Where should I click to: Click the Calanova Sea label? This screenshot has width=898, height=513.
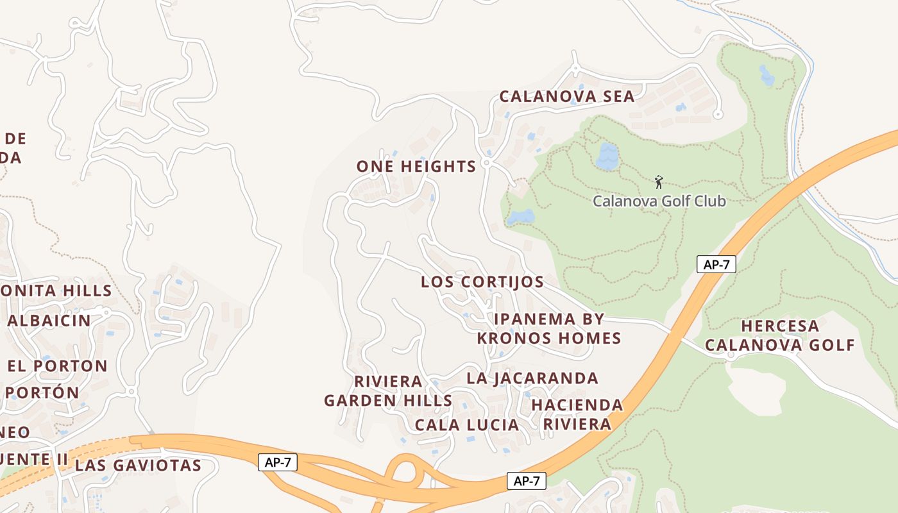coord(566,97)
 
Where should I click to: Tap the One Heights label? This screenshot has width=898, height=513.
coord(416,167)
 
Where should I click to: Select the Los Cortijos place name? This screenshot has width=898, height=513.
coord(482,282)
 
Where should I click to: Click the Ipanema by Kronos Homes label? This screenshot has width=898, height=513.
coord(549,328)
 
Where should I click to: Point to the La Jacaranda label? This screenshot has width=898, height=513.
coord(532,378)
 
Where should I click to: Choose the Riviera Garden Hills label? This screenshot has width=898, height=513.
coord(388,391)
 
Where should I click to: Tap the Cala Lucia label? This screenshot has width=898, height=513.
coord(466,425)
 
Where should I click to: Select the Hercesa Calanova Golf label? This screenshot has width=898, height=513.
coord(780,335)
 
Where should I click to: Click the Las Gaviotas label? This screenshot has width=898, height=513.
coord(138,466)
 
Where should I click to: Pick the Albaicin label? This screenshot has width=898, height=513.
coord(49,321)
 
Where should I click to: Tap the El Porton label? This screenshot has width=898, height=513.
coord(58,366)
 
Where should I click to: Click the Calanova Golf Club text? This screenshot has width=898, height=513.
coord(659,201)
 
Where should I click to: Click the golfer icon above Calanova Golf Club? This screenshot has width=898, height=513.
coord(658,183)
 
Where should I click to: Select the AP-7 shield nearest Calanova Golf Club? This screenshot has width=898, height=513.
coord(716,264)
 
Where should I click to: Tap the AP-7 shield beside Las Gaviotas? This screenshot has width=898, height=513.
coord(278,462)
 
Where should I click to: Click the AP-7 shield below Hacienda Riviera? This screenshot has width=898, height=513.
coord(526,481)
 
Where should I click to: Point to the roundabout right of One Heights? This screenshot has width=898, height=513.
coord(487,164)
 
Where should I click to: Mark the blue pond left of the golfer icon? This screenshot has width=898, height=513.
coord(607,156)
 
